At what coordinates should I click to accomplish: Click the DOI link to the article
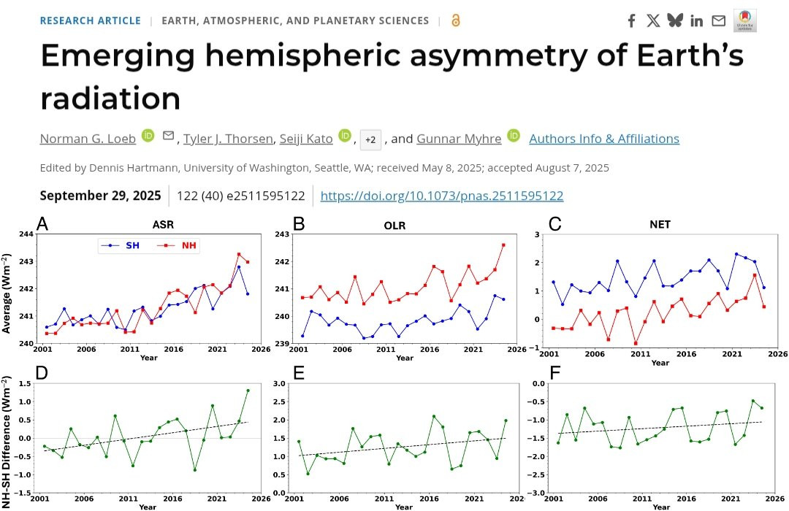coord(441,196)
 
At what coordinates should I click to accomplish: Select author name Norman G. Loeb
coord(88,138)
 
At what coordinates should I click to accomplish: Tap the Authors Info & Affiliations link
coord(603,138)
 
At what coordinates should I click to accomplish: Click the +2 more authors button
coord(370,139)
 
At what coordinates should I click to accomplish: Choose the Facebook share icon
coord(631,20)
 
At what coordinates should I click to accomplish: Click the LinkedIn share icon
coord(696,20)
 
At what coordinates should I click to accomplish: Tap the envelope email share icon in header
coord(719,20)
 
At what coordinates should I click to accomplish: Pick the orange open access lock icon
coord(456,20)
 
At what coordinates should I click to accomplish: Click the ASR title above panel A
coord(162,225)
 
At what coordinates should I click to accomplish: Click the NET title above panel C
coord(660,225)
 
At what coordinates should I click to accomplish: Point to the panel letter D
coord(42,372)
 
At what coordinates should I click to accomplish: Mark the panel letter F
coord(555,372)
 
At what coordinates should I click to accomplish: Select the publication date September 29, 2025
coord(100,196)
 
